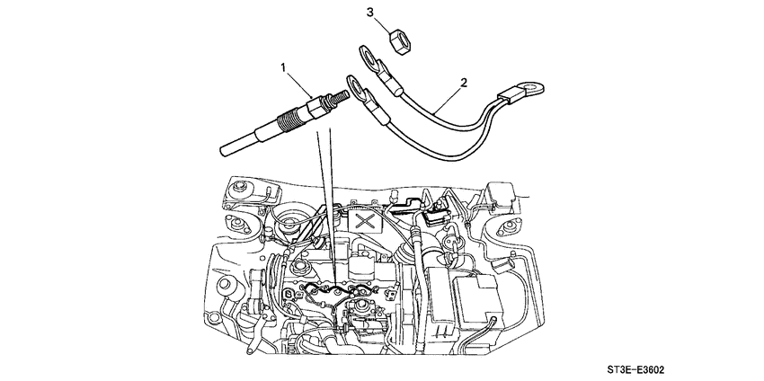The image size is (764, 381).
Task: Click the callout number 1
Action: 285,67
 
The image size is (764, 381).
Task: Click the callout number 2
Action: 464,84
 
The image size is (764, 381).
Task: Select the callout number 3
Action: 369,12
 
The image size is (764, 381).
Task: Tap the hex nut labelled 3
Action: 395,38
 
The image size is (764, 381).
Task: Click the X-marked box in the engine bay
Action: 364,218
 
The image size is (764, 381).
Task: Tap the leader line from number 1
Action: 300,79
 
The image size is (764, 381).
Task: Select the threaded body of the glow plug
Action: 291,118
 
